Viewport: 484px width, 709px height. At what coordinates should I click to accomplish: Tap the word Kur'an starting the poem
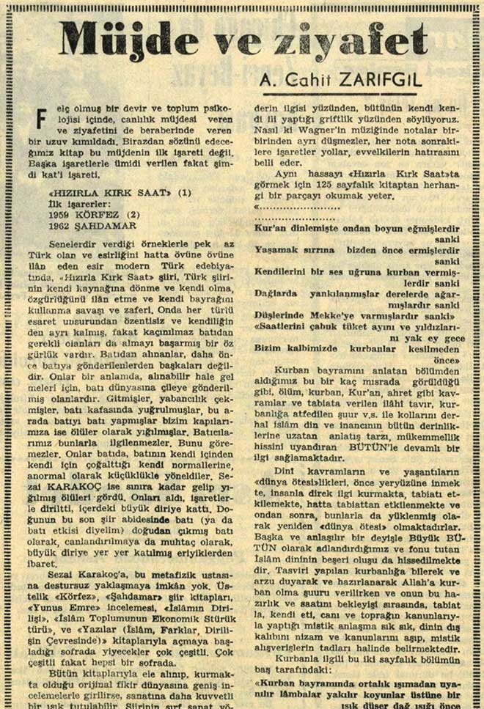[x=271, y=228]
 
